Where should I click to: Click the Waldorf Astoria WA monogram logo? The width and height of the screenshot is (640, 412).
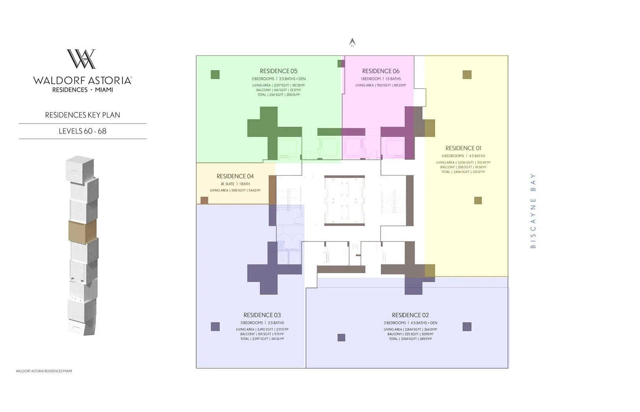[x=81, y=59]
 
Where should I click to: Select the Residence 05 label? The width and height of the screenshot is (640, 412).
[x=279, y=71]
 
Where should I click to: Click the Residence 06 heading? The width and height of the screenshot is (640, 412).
[x=380, y=71]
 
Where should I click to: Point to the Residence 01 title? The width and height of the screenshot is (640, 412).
[x=463, y=148]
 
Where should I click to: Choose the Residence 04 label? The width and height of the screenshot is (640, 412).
[x=235, y=176]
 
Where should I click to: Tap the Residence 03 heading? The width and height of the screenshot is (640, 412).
[x=262, y=315]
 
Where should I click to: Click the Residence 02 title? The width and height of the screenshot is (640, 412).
[x=410, y=315]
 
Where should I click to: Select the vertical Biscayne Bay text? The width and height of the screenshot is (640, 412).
[x=533, y=211]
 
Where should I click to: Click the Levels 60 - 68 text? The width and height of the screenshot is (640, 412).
[x=83, y=131]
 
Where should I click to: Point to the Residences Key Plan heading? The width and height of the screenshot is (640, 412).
[x=83, y=115]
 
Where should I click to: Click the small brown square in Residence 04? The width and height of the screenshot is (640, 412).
[x=204, y=200]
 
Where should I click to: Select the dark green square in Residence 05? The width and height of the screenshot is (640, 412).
[x=215, y=74]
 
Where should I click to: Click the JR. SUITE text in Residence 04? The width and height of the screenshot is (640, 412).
[x=227, y=184]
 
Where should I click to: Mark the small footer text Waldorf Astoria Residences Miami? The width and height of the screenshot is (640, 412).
[x=44, y=371]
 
